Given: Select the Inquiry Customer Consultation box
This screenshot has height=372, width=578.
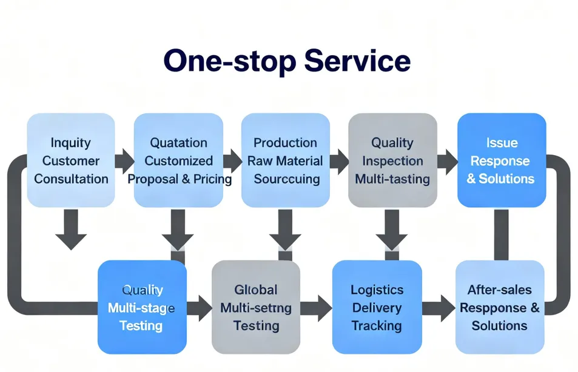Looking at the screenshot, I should [x=71, y=161].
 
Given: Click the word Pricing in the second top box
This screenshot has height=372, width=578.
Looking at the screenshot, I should [x=209, y=179].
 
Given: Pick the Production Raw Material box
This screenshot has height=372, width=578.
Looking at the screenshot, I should [x=285, y=161].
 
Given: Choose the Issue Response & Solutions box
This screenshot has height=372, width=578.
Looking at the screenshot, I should [x=501, y=161].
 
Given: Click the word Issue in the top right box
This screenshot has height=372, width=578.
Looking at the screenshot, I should [x=502, y=143].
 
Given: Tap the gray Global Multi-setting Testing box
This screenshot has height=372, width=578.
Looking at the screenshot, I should [x=255, y=307].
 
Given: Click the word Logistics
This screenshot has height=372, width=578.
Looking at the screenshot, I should [x=377, y=290].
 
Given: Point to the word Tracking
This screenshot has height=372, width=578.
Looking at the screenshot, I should [x=377, y=326].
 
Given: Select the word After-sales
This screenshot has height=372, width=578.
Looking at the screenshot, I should [x=499, y=290].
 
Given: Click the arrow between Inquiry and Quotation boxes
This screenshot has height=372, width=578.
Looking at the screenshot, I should [x=124, y=161].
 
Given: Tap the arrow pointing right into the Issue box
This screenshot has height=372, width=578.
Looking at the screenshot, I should [x=447, y=161].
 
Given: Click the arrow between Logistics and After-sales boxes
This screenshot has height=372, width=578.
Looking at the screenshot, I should [x=438, y=308].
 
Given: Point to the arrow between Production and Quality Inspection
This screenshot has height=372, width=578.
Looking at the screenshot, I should [x=339, y=161].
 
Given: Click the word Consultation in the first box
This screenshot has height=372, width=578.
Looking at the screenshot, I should [x=71, y=179].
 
